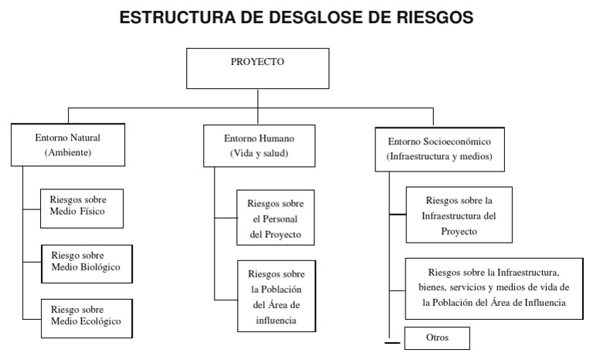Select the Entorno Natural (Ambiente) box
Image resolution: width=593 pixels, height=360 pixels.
pyautogui.click(x=68, y=144)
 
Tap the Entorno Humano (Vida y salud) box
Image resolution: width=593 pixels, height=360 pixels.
pyautogui.click(x=259, y=146)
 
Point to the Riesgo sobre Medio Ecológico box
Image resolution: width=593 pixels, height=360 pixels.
pyautogui.click(x=86, y=316)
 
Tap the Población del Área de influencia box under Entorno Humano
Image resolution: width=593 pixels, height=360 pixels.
pyautogui.click(x=276, y=297)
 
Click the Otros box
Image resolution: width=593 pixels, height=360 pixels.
pyautogui.click(x=437, y=338)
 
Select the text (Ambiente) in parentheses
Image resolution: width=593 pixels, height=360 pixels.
pyautogui.click(x=68, y=153)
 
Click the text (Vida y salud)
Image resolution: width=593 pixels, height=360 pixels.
pyautogui.click(x=259, y=154)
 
